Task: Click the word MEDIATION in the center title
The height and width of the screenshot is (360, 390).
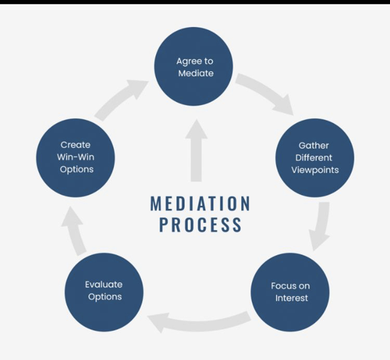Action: [x=200, y=203]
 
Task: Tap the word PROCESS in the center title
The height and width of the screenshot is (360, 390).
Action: [x=200, y=224]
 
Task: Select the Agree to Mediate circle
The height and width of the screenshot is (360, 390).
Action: [x=194, y=66]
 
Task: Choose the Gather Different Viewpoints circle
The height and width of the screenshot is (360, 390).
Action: [x=315, y=158]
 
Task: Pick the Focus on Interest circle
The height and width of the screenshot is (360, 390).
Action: [x=290, y=292]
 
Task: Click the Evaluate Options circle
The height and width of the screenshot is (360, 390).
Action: [x=104, y=292]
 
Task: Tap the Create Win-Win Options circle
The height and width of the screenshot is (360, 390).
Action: [x=75, y=158]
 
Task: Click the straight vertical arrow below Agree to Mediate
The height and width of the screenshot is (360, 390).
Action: [x=196, y=150]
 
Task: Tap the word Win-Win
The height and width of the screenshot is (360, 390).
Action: [x=76, y=157]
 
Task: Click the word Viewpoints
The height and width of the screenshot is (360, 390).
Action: [x=315, y=170]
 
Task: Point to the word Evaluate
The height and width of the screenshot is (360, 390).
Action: [x=103, y=285]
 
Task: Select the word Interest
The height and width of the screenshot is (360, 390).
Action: [x=291, y=298]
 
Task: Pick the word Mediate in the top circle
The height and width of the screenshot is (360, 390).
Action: [x=196, y=73]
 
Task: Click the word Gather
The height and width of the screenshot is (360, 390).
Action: [x=314, y=146]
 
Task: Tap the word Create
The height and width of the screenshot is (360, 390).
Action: [x=75, y=145]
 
